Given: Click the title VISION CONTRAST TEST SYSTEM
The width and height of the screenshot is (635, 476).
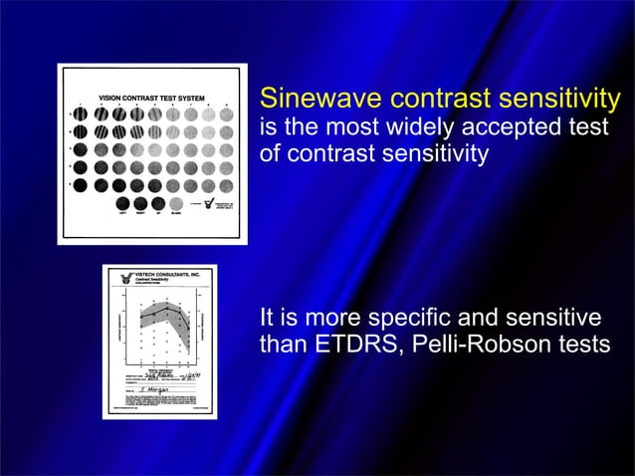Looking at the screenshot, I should tap(151, 98).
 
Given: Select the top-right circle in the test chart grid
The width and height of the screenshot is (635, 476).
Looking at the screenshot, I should tap(226, 116).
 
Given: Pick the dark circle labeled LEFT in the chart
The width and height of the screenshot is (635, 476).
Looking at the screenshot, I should tap(121, 202).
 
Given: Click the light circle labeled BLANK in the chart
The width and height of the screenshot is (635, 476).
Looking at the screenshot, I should tap(176, 202).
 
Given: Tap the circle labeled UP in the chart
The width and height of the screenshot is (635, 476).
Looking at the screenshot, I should tap(158, 202).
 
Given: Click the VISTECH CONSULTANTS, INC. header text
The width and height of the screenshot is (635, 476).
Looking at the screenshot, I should tap(169, 274).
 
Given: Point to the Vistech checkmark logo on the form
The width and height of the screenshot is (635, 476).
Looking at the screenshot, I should tap(126, 279).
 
